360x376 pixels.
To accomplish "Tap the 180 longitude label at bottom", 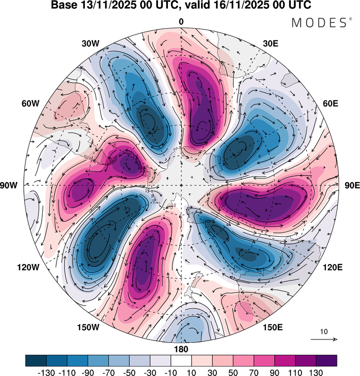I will point(181,349).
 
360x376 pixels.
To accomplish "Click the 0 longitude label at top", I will point(181,22).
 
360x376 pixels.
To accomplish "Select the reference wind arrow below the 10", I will point(324,339).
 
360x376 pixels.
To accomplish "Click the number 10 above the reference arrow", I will point(324,332).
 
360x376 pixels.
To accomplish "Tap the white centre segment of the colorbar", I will point(181,361).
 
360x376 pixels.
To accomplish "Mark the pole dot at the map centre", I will point(181,185).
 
